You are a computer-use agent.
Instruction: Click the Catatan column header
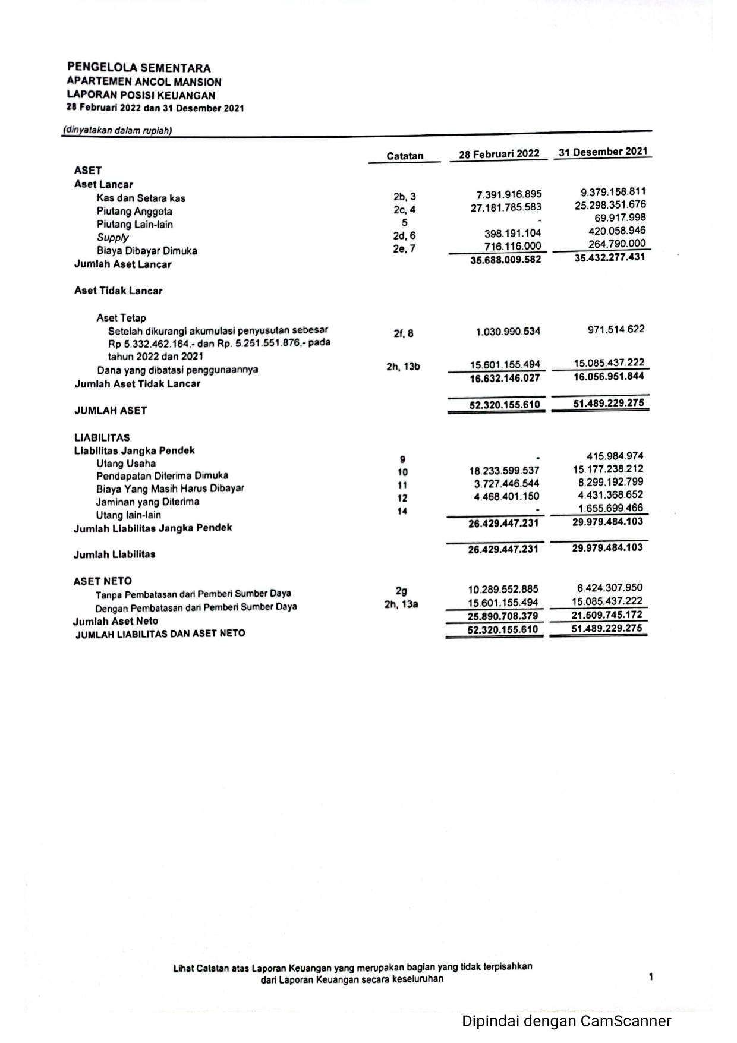405,156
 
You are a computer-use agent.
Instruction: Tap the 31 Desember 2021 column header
603,152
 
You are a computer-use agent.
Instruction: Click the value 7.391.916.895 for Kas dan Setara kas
509,194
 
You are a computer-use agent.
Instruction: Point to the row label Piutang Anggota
134,212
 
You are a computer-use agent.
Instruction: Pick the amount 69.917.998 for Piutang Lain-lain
620,218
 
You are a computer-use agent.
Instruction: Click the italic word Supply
112,237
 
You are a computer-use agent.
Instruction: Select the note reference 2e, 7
404,248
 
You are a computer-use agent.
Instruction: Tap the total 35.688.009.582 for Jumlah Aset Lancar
505,260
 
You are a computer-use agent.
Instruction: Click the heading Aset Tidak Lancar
118,291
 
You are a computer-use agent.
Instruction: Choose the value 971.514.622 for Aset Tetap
616,329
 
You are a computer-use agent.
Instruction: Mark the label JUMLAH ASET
110,411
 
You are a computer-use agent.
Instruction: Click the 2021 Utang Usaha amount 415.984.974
615,456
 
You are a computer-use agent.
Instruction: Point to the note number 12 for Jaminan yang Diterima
402,498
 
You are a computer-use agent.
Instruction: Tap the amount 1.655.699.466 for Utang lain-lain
610,508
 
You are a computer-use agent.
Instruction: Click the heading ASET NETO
102,581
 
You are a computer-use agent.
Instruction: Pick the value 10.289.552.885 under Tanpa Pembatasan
503,590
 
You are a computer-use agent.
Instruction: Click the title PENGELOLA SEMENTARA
138,68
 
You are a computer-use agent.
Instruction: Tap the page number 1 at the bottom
651,976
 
